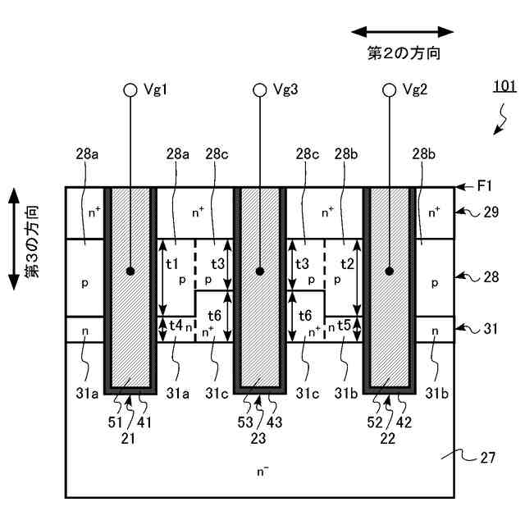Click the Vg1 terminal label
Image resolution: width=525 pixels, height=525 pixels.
point(155,89)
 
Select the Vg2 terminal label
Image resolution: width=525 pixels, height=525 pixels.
point(415,89)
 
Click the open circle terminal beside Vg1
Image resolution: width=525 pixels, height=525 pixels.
point(130,90)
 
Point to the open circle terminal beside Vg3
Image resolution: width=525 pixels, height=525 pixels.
point(260,90)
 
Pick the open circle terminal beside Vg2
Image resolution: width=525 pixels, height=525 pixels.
point(389,90)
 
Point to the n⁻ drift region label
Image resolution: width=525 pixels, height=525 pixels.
point(261,472)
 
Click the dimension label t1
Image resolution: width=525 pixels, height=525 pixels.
point(172,264)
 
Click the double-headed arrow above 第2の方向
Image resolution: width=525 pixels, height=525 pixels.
point(402,32)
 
